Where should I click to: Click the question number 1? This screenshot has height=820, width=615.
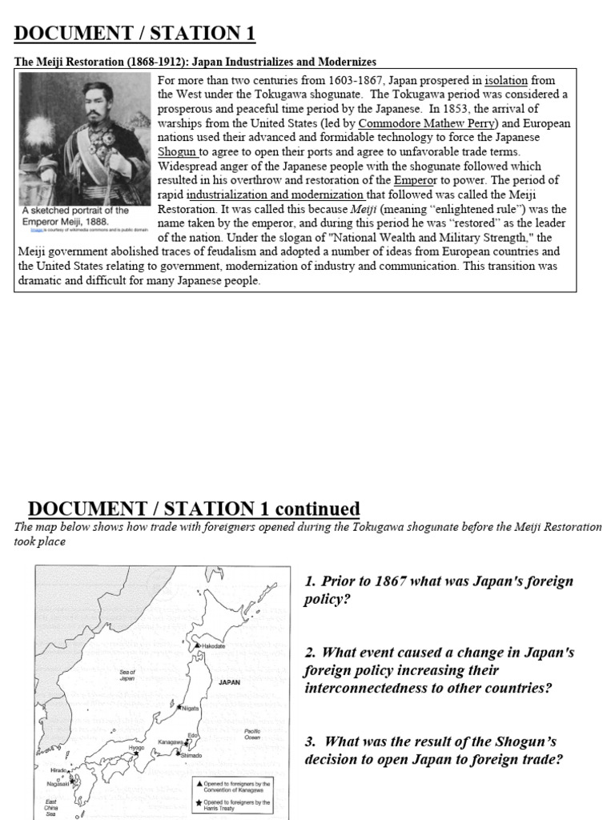310,581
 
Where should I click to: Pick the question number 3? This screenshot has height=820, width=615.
310,742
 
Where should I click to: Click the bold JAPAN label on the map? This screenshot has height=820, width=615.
229,683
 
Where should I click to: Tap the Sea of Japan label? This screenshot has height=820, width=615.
127,674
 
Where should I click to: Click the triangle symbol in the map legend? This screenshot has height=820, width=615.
199,782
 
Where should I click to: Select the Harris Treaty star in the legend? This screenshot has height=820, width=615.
199,802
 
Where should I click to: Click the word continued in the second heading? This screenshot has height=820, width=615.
317,509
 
